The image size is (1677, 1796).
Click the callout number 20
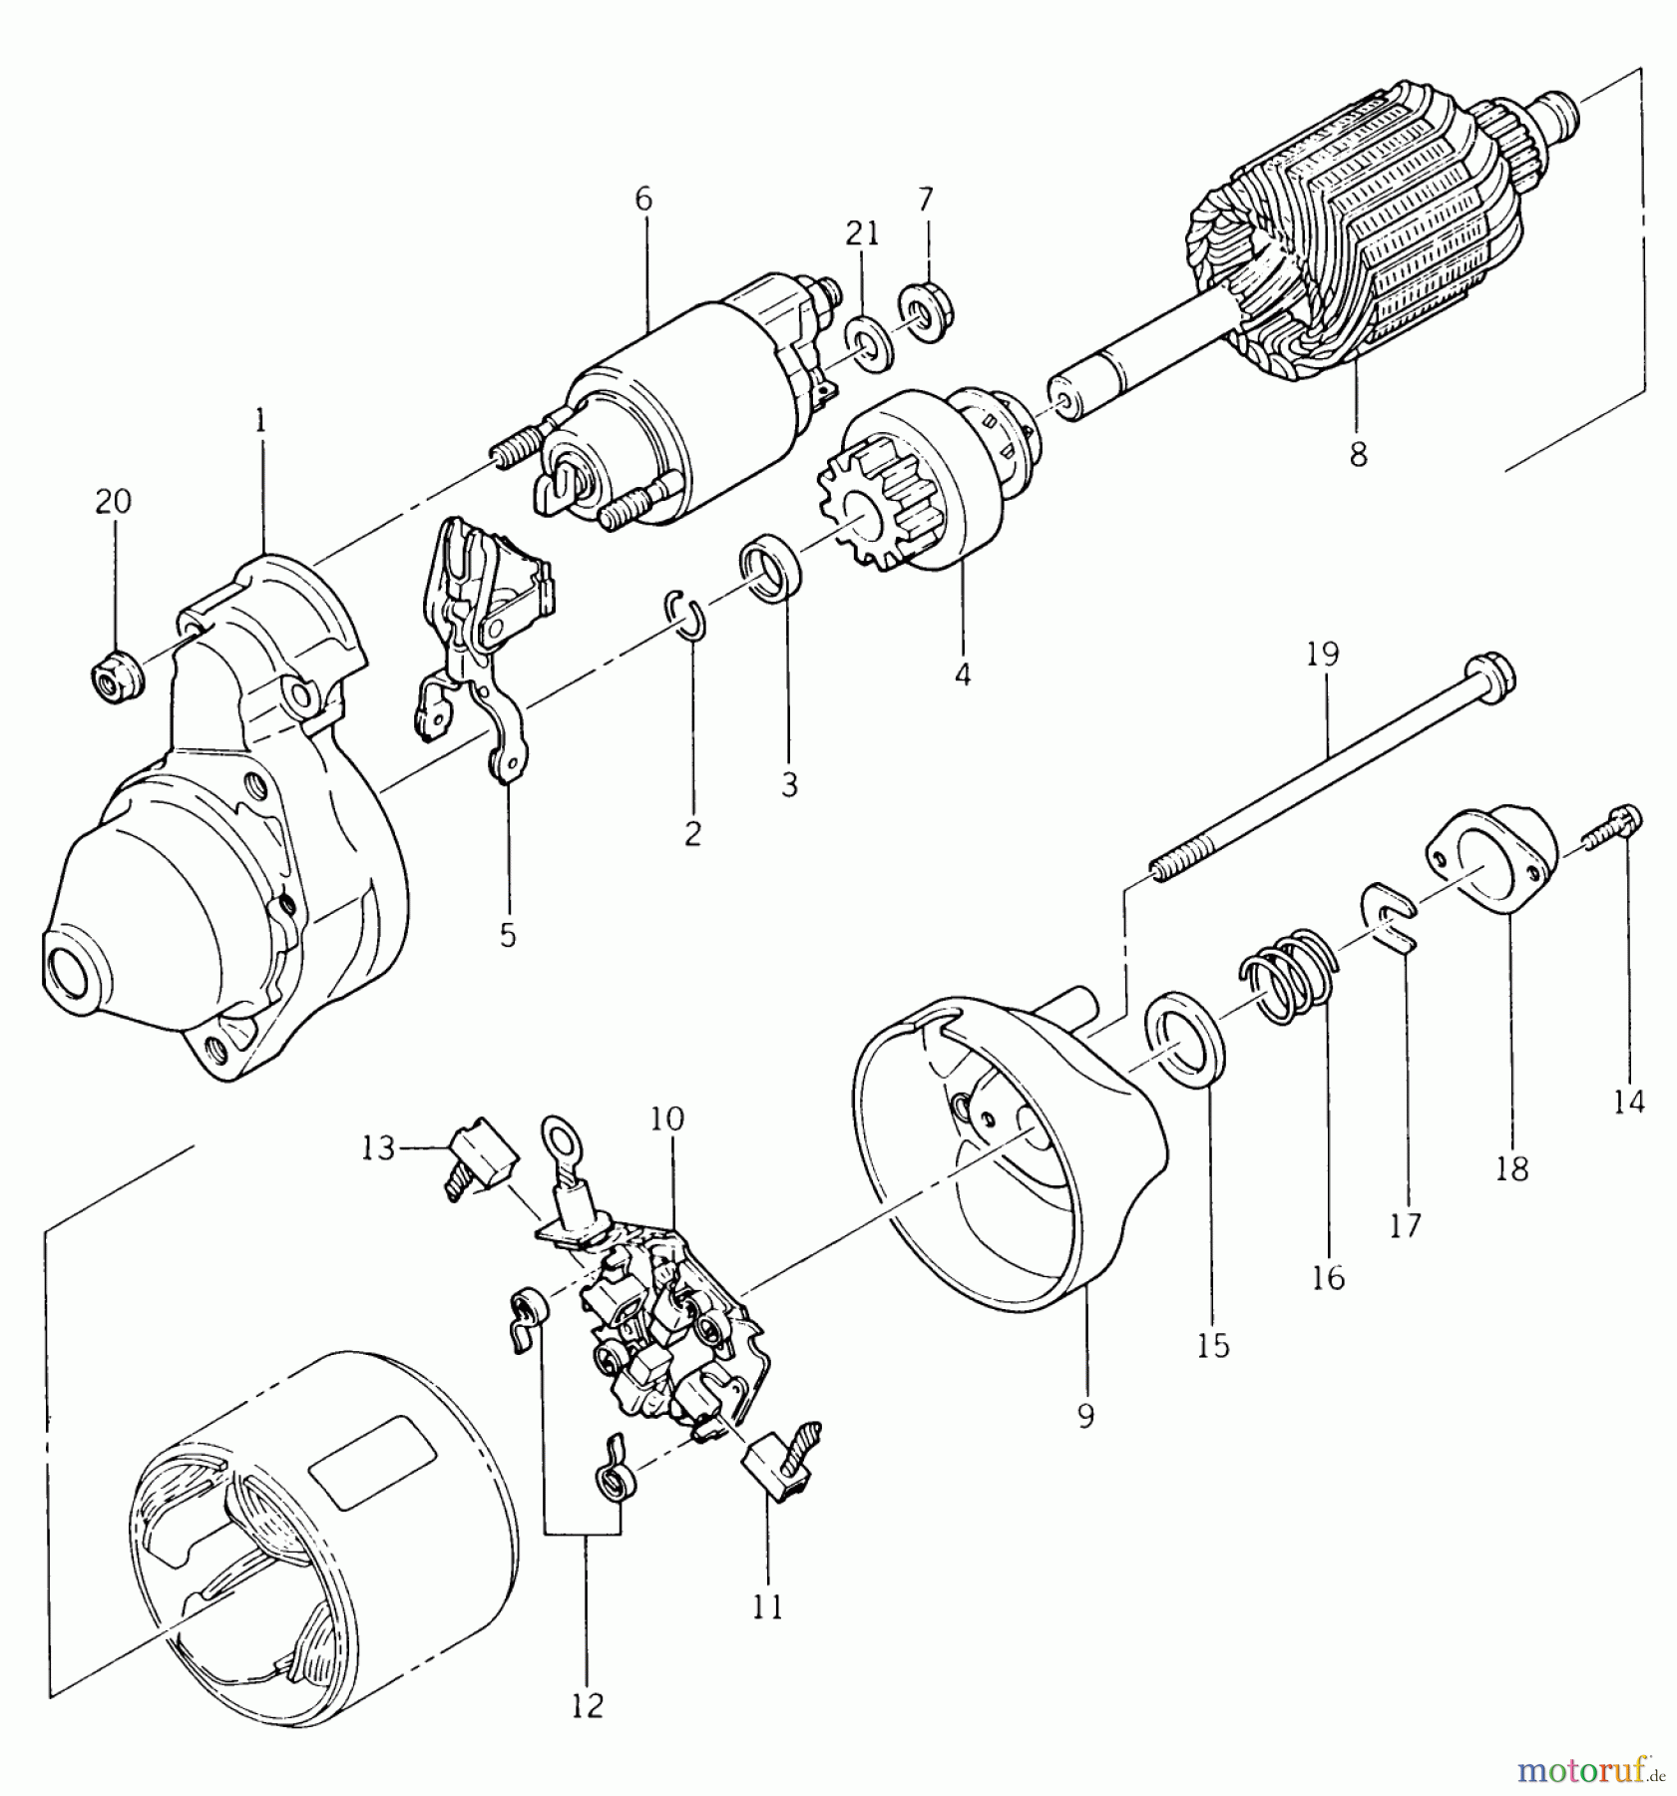(113, 501)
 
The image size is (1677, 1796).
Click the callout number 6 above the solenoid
(642, 200)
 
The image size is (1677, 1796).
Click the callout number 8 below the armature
(1358, 455)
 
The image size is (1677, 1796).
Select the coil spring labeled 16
(1286, 975)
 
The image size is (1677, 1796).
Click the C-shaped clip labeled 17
(1390, 915)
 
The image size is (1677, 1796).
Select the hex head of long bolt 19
(1491, 675)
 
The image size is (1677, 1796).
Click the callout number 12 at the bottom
(588, 1706)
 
